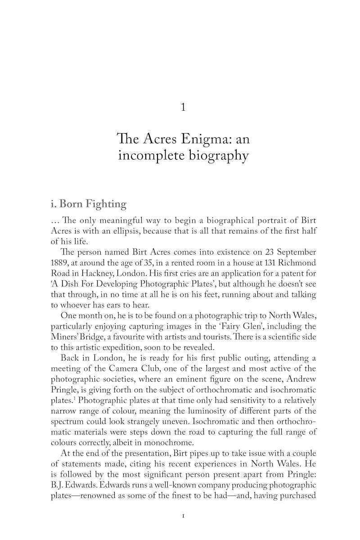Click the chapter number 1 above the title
(x=183, y=107)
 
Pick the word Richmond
(x=295, y=262)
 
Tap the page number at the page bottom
(x=183, y=516)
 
